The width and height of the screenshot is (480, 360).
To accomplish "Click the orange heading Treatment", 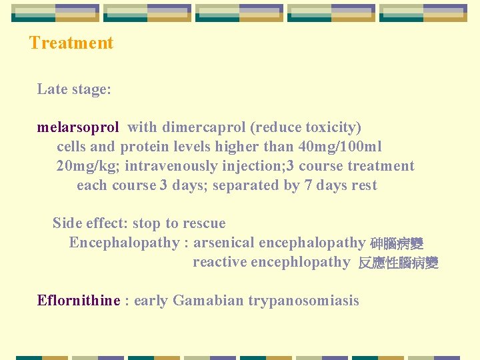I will (71, 43).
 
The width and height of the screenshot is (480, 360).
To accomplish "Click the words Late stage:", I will (74, 89).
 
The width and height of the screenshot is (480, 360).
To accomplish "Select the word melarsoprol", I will (78, 127).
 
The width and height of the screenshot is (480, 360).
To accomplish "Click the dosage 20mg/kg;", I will (88, 166).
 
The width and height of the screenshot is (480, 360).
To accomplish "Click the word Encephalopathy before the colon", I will (124, 243).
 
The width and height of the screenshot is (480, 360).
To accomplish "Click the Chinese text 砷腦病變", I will (397, 244).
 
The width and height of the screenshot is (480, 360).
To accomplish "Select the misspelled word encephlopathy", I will (300, 262).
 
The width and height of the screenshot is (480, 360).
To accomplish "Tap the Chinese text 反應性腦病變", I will (398, 263).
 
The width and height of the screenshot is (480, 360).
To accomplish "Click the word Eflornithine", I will (79, 301).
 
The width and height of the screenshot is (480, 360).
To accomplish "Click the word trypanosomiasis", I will (303, 301).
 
